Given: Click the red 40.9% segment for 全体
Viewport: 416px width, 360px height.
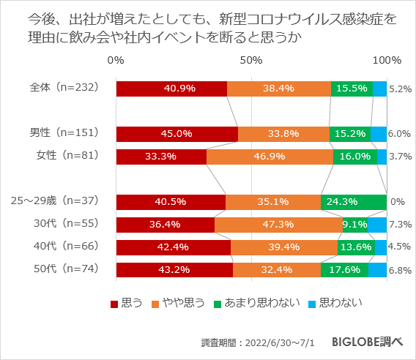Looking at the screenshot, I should pyautogui.click(x=171, y=89).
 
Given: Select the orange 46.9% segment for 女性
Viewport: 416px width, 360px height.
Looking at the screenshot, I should pyautogui.click(x=270, y=157).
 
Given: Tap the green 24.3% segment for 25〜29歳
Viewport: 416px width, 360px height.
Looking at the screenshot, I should pyautogui.click(x=353, y=203).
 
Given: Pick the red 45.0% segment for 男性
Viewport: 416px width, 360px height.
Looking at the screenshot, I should pyautogui.click(x=177, y=134).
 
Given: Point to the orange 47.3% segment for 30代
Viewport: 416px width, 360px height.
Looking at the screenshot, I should pyautogui.click(x=278, y=225).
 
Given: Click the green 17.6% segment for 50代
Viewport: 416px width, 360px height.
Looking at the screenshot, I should pyautogui.click(x=344, y=271).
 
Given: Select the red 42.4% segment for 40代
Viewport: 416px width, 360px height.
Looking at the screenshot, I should pyautogui.click(x=173, y=248).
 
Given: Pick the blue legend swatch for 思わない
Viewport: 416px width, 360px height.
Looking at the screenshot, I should pyautogui.click(x=311, y=302).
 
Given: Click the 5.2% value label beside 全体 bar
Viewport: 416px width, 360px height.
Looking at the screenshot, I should pyautogui.click(x=400, y=89).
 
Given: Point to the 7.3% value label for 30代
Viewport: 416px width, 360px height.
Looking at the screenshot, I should pyautogui.click(x=400, y=225).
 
